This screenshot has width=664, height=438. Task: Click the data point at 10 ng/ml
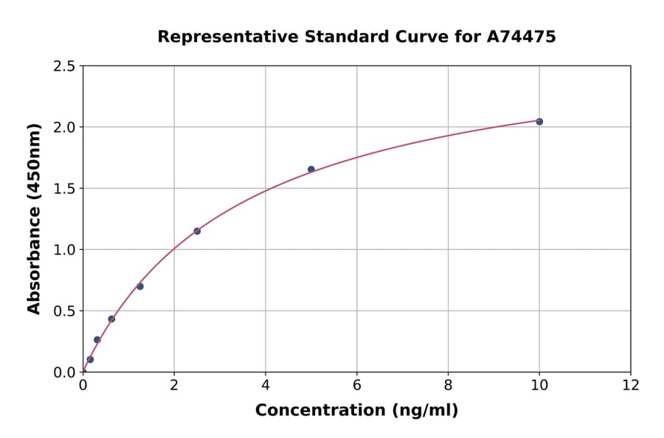tap(539, 122)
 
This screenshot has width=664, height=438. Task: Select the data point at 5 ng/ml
tap(311, 170)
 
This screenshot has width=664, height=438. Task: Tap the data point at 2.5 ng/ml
tap(197, 232)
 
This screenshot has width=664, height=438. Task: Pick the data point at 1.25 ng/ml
tap(140, 287)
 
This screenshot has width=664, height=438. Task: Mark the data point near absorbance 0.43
tap(111, 319)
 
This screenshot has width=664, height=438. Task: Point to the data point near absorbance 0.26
tap(97, 340)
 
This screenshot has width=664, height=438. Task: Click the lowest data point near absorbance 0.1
tap(90, 360)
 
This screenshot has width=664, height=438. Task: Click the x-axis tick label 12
tap(631, 385)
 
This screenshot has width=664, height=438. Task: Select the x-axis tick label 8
tap(448, 385)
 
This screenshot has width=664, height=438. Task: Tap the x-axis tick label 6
tap(356, 385)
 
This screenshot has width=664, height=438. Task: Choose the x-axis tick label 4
tap(266, 385)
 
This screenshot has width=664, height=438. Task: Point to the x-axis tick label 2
tap(174, 385)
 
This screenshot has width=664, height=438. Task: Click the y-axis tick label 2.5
tap(64, 66)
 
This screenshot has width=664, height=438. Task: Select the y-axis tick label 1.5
tap(64, 189)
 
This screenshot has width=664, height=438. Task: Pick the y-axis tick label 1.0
tap(64, 250)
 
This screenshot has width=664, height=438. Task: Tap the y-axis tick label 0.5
tap(64, 311)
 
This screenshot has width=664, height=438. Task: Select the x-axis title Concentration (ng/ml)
tap(356, 411)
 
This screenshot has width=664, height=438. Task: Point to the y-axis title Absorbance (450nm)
tap(34, 219)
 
